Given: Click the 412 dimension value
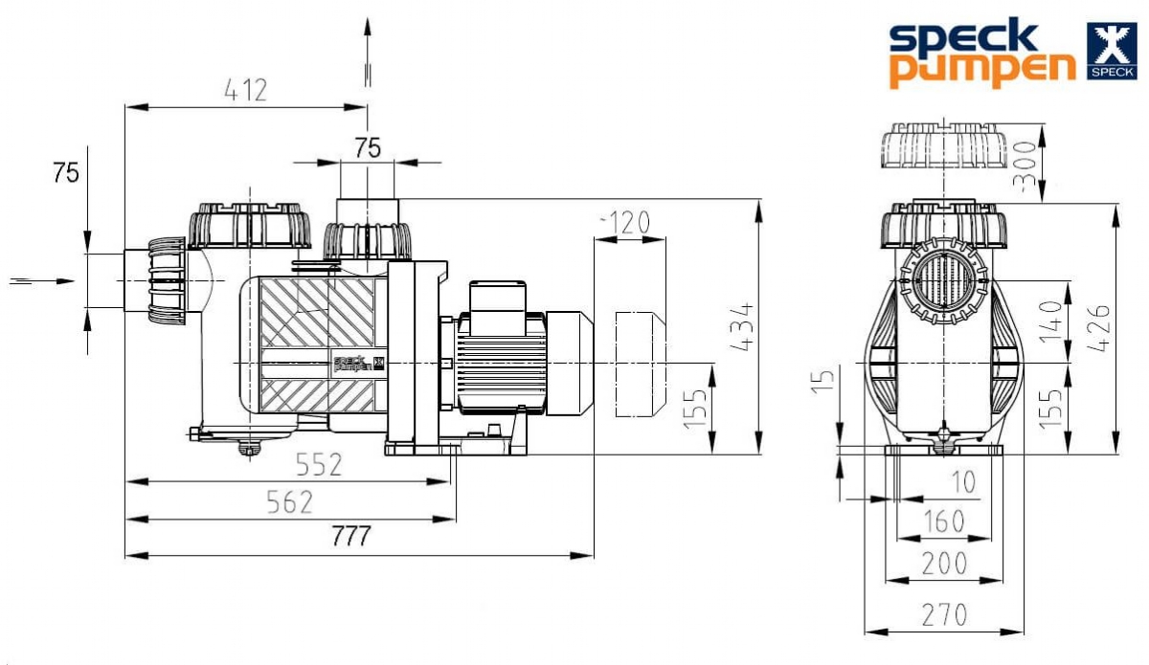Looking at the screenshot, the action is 246,90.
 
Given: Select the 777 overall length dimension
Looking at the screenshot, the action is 350,537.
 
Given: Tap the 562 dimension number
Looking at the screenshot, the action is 290,502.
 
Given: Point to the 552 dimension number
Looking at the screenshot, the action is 319,464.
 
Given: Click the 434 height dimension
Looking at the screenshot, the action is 742,327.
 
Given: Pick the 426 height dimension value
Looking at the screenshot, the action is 1098,328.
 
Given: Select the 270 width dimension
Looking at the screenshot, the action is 944,614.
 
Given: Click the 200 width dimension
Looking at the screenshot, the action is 944,564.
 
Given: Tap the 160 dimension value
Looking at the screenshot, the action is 944,521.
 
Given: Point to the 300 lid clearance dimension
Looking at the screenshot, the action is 1025,166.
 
